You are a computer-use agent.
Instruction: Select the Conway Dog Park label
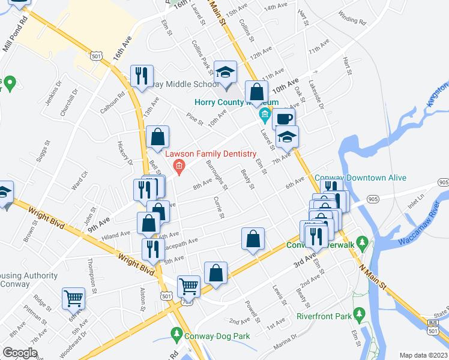pyautogui.click(x=217, y=336)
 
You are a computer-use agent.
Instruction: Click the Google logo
pyautogui.click(x=20, y=353)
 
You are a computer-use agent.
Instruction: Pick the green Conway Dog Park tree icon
pyautogui.click(x=176, y=333)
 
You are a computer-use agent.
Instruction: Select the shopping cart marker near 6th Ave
pyautogui.click(x=74, y=297)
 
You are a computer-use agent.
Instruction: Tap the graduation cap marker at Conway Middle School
pyautogui.click(x=226, y=73)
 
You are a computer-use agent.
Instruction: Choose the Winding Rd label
pyautogui.click(x=352, y=19)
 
